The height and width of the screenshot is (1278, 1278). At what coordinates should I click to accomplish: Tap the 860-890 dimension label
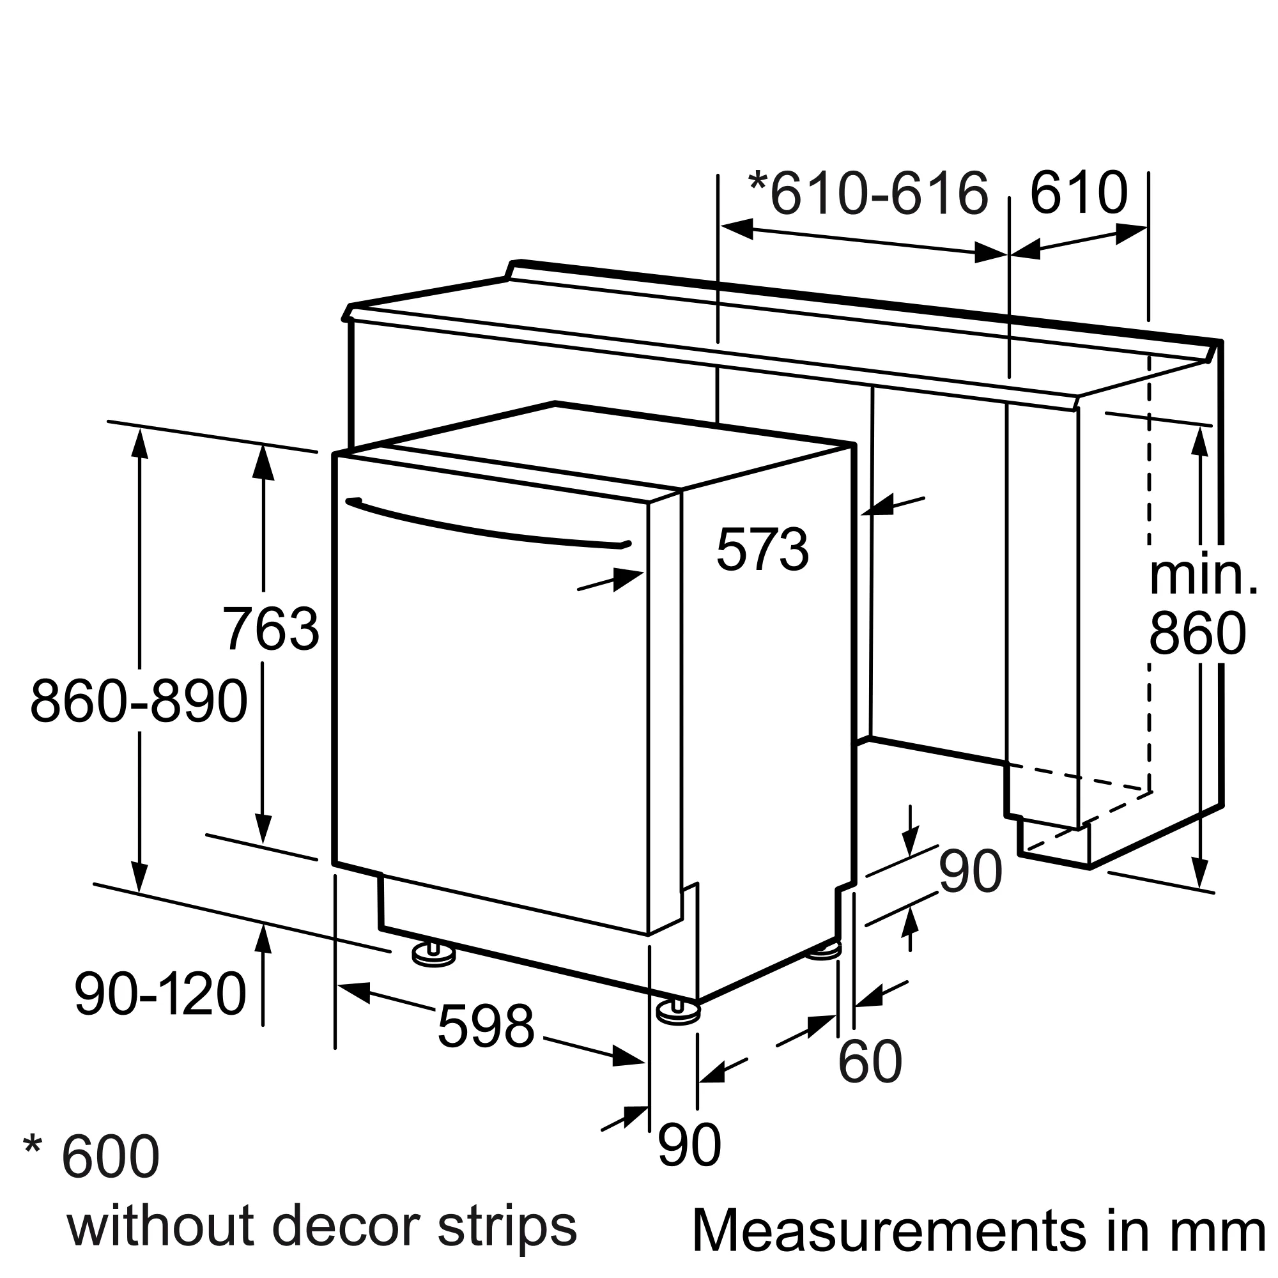[x=139, y=701]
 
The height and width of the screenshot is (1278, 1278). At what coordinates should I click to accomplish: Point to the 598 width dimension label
[x=486, y=1028]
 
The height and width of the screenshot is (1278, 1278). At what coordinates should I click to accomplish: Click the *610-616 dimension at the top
[x=868, y=193]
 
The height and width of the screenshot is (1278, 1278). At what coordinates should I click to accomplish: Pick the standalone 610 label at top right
[x=1078, y=193]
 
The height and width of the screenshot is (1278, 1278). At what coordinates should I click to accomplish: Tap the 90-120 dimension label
[x=160, y=994]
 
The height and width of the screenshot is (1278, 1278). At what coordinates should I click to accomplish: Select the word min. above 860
[x=1203, y=576]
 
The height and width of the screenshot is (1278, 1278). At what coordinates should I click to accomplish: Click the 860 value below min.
[x=1197, y=634]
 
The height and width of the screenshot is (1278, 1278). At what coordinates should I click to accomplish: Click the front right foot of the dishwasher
[x=677, y=1013]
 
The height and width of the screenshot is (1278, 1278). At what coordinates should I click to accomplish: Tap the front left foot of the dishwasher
[x=433, y=955]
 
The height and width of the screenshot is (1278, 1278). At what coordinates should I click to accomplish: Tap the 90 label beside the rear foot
[x=971, y=873]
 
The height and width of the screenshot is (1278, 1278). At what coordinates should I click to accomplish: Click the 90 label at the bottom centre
[x=689, y=1145]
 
